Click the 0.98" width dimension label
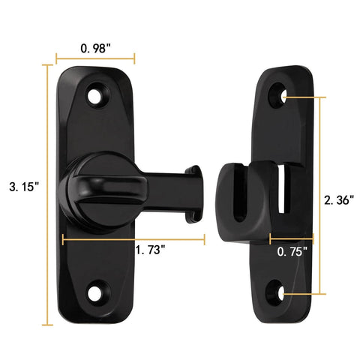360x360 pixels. (x=96, y=47)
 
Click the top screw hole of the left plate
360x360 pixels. (x=96, y=95)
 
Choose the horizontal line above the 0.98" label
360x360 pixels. (x=95, y=57)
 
